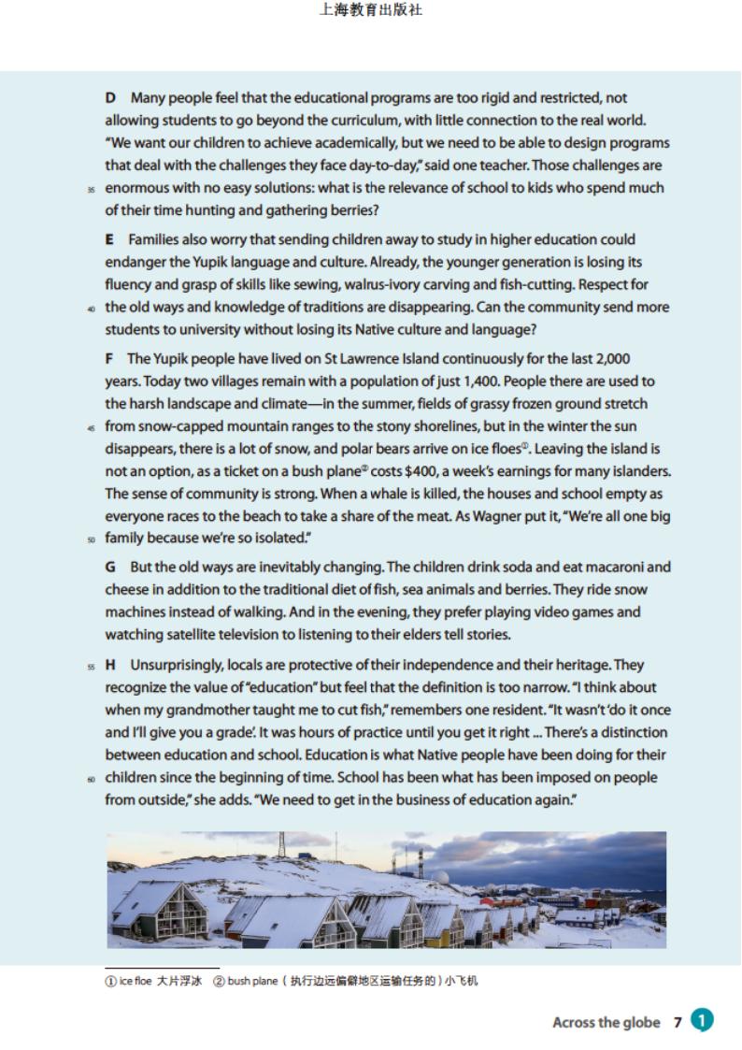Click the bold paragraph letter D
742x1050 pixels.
tap(110, 98)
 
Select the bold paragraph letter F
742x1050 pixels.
tap(109, 359)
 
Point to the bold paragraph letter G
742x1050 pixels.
tap(110, 568)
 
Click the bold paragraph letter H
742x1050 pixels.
tap(110, 666)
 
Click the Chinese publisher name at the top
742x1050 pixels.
tap(370, 11)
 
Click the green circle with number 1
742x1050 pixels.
tap(702, 1021)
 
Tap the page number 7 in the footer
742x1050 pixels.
tap(678, 1023)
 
